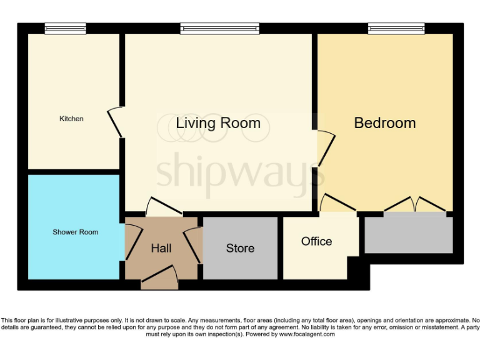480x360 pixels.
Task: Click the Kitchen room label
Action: (x=71, y=119)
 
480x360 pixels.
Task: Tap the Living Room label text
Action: (x=218, y=122)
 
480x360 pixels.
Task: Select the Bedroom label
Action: (x=384, y=122)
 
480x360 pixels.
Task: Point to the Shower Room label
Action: (x=75, y=232)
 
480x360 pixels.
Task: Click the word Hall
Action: (x=161, y=248)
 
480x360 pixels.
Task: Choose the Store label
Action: (x=240, y=248)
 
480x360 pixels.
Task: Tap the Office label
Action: (x=316, y=241)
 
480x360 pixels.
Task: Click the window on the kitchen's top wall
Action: (x=65, y=28)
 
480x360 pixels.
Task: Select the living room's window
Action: (x=219, y=28)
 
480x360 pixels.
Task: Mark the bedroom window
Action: (x=396, y=28)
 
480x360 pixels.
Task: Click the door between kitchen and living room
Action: (x=116, y=122)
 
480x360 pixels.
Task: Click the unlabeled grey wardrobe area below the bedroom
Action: (x=409, y=234)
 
